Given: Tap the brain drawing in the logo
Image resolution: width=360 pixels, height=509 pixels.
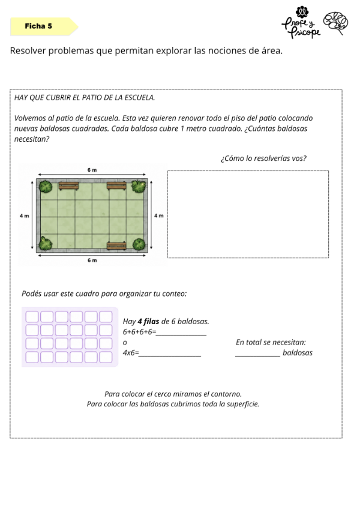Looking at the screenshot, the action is [336, 23].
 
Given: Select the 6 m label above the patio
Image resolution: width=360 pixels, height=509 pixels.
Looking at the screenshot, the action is [92, 170].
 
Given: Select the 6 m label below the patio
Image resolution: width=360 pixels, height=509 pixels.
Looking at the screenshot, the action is [92, 261].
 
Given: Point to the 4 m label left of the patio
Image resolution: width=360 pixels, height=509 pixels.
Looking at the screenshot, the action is [24, 215].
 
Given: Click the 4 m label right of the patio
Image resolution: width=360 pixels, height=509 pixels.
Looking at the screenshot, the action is [159, 215].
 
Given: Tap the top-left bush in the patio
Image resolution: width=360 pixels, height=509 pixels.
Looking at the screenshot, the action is [46, 186].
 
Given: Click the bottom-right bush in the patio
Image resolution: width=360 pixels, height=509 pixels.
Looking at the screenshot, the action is [139, 244].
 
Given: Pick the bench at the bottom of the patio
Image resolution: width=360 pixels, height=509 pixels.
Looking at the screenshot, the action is [116, 245].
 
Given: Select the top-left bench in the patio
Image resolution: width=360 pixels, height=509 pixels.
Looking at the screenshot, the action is [68, 185].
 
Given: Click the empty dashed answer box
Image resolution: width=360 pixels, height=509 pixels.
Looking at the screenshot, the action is [248, 214].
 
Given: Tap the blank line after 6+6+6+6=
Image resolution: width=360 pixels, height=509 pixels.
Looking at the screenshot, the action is [181, 335].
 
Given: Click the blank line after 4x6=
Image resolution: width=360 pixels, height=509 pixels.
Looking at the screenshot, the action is [170, 356].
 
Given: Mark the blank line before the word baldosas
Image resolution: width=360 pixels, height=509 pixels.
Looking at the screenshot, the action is [258, 356].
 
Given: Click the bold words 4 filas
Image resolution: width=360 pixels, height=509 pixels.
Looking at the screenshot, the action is [148, 321].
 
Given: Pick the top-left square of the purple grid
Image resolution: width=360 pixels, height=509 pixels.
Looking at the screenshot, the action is [32, 316].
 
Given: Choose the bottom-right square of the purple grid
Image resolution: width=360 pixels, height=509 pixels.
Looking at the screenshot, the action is [106, 357].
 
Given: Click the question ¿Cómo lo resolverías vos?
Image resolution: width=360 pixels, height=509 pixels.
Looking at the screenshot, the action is [263, 158].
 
